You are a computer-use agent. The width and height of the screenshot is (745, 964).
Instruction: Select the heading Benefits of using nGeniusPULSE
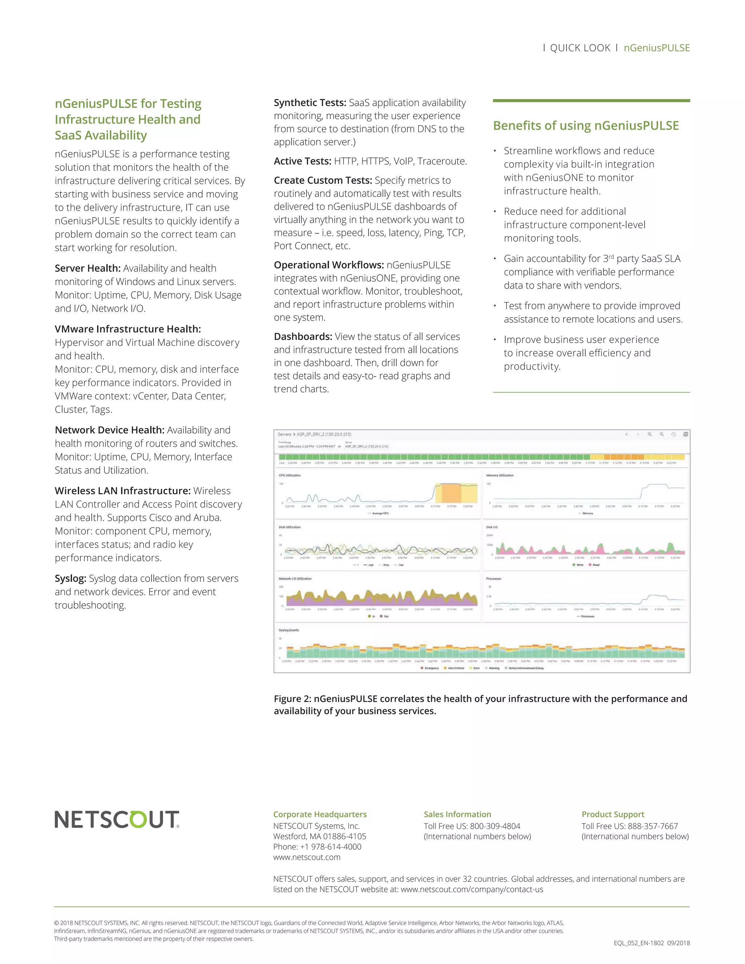[x=586, y=126]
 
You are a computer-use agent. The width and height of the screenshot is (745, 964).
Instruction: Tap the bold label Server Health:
[x=87, y=268]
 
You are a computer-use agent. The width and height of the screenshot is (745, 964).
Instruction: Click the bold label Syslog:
[x=70, y=578]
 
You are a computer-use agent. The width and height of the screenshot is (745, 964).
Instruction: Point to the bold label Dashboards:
[x=303, y=336]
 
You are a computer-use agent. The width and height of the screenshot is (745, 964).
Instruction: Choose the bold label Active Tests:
[x=302, y=161]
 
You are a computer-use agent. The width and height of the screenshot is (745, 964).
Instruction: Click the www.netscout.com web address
[x=307, y=857]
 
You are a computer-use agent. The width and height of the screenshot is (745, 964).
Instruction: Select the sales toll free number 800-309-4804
[x=495, y=826]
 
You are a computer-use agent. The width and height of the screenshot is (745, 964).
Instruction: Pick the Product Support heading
[x=613, y=814]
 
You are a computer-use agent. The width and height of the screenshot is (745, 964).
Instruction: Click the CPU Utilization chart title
[x=290, y=475]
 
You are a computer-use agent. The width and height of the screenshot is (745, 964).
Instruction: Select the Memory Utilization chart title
[x=499, y=475]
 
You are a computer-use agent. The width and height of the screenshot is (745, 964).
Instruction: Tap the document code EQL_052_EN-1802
[x=638, y=943]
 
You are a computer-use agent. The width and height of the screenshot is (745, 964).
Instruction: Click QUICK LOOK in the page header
[x=580, y=48]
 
